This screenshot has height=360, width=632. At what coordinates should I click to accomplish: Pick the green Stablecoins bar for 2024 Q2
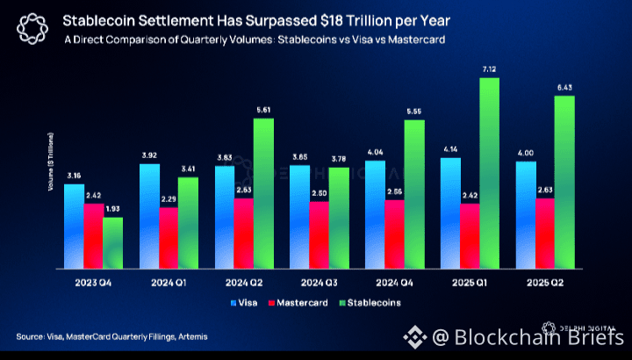point(262,192)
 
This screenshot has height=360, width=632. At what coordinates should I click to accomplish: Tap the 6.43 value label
point(564,87)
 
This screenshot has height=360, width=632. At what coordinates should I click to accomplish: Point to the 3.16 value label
point(74,176)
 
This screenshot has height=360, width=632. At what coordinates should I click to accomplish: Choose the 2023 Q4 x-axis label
point(93,283)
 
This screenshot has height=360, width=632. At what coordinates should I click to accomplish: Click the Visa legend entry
point(243,303)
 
